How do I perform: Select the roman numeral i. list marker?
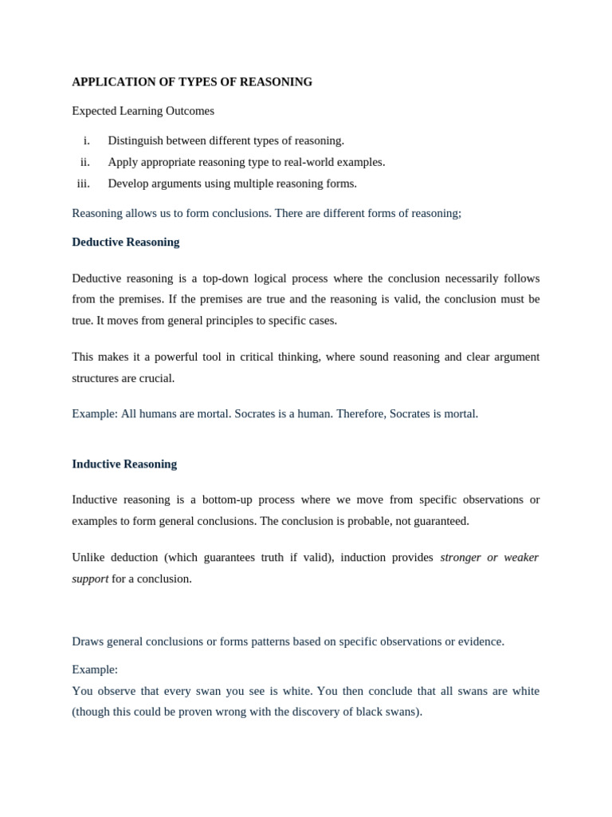click(x=86, y=140)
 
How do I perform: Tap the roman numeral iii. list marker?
click(x=84, y=184)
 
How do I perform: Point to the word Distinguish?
click(x=135, y=140)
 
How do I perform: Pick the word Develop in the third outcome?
click(x=128, y=184)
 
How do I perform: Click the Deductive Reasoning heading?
click(x=126, y=242)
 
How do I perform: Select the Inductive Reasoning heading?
click(x=124, y=464)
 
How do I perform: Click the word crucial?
click(x=156, y=378)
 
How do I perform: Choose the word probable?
click(x=358, y=521)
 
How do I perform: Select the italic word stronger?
click(x=461, y=557)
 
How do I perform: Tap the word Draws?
click(x=88, y=641)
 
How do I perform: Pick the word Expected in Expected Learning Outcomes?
click(x=94, y=111)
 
